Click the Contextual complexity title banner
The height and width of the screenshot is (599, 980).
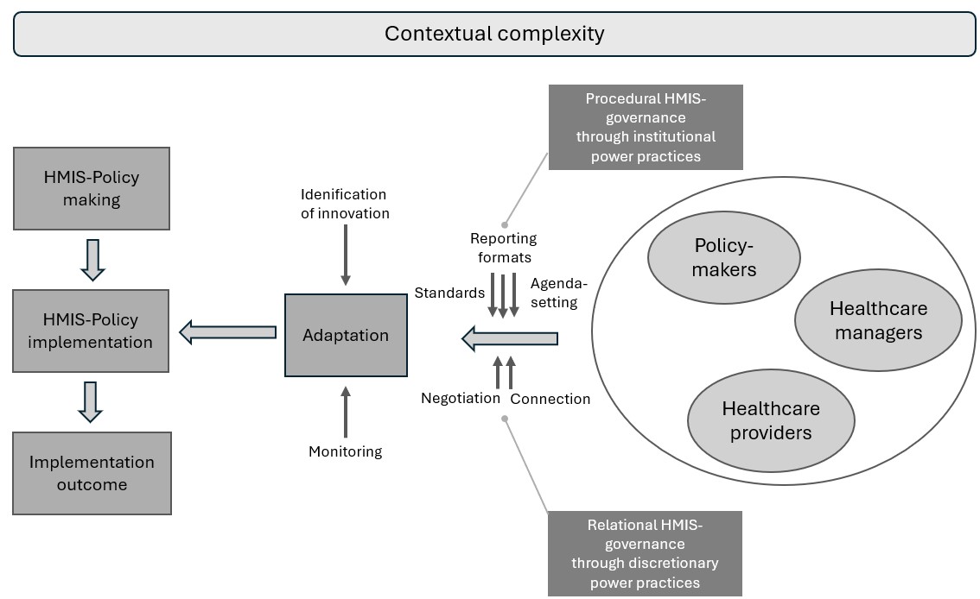click(x=494, y=35)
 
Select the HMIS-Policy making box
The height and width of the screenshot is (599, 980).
click(x=92, y=188)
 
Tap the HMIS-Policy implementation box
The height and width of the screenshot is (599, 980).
click(x=92, y=331)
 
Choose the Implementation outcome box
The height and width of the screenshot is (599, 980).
click(x=92, y=473)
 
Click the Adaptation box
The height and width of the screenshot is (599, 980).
click(x=346, y=336)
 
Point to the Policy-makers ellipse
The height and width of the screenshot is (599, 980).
click(x=725, y=257)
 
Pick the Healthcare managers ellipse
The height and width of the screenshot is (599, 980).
click(x=878, y=320)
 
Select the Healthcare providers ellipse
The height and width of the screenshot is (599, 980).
click(x=771, y=420)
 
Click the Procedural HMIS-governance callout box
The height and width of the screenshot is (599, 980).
click(x=646, y=127)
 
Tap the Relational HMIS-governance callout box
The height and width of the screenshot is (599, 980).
click(x=645, y=553)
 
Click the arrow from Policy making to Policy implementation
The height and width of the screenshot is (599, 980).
click(x=92, y=260)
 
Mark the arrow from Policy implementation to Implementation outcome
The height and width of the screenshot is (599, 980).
click(x=91, y=402)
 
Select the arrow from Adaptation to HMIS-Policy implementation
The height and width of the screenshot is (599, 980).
click(x=227, y=331)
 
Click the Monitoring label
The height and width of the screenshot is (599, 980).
click(x=346, y=451)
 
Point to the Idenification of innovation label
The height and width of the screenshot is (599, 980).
click(x=345, y=204)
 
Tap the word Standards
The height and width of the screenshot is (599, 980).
click(x=449, y=293)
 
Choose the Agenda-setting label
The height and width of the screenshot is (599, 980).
click(x=558, y=293)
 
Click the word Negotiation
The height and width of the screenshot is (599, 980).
click(x=461, y=398)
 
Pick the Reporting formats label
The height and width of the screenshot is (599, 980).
click(x=503, y=247)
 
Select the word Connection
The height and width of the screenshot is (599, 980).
click(x=550, y=399)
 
